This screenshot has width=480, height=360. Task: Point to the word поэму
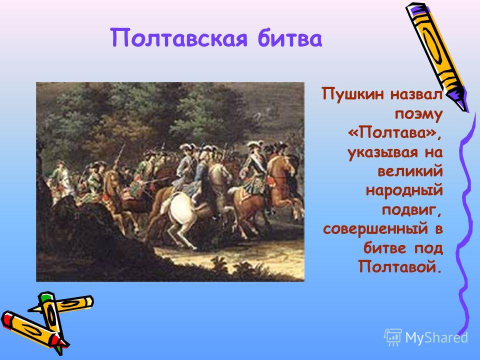tap(419, 114)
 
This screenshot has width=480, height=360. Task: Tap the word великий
tap(410, 171)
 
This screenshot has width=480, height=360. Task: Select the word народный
tap(404, 190)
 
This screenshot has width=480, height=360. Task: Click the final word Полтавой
tap(400, 266)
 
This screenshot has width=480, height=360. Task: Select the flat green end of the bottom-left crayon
tap(45, 296)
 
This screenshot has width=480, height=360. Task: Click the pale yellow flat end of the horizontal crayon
tap(89, 302)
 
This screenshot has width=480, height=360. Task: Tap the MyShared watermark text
tap(436, 337)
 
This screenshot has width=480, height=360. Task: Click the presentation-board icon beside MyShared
tap(392, 337)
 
